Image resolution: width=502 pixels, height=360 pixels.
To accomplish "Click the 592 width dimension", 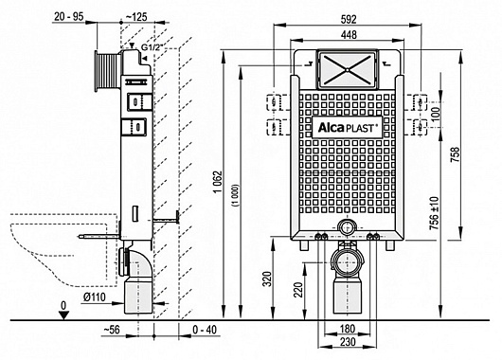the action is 349,20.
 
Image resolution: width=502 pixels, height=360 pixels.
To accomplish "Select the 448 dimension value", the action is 349,35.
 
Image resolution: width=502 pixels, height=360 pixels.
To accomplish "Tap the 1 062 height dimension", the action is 218,182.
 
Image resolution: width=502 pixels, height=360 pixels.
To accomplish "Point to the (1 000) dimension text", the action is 236,195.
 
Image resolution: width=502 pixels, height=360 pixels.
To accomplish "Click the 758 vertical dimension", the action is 455,154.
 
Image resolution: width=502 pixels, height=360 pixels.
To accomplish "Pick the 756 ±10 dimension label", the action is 435,213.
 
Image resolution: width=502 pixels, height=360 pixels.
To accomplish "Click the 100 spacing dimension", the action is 436,112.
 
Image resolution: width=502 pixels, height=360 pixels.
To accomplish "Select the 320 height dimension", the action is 268,279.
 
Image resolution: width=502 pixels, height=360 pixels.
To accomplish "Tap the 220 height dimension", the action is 298,290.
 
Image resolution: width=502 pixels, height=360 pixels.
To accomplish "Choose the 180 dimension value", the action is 348,329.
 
